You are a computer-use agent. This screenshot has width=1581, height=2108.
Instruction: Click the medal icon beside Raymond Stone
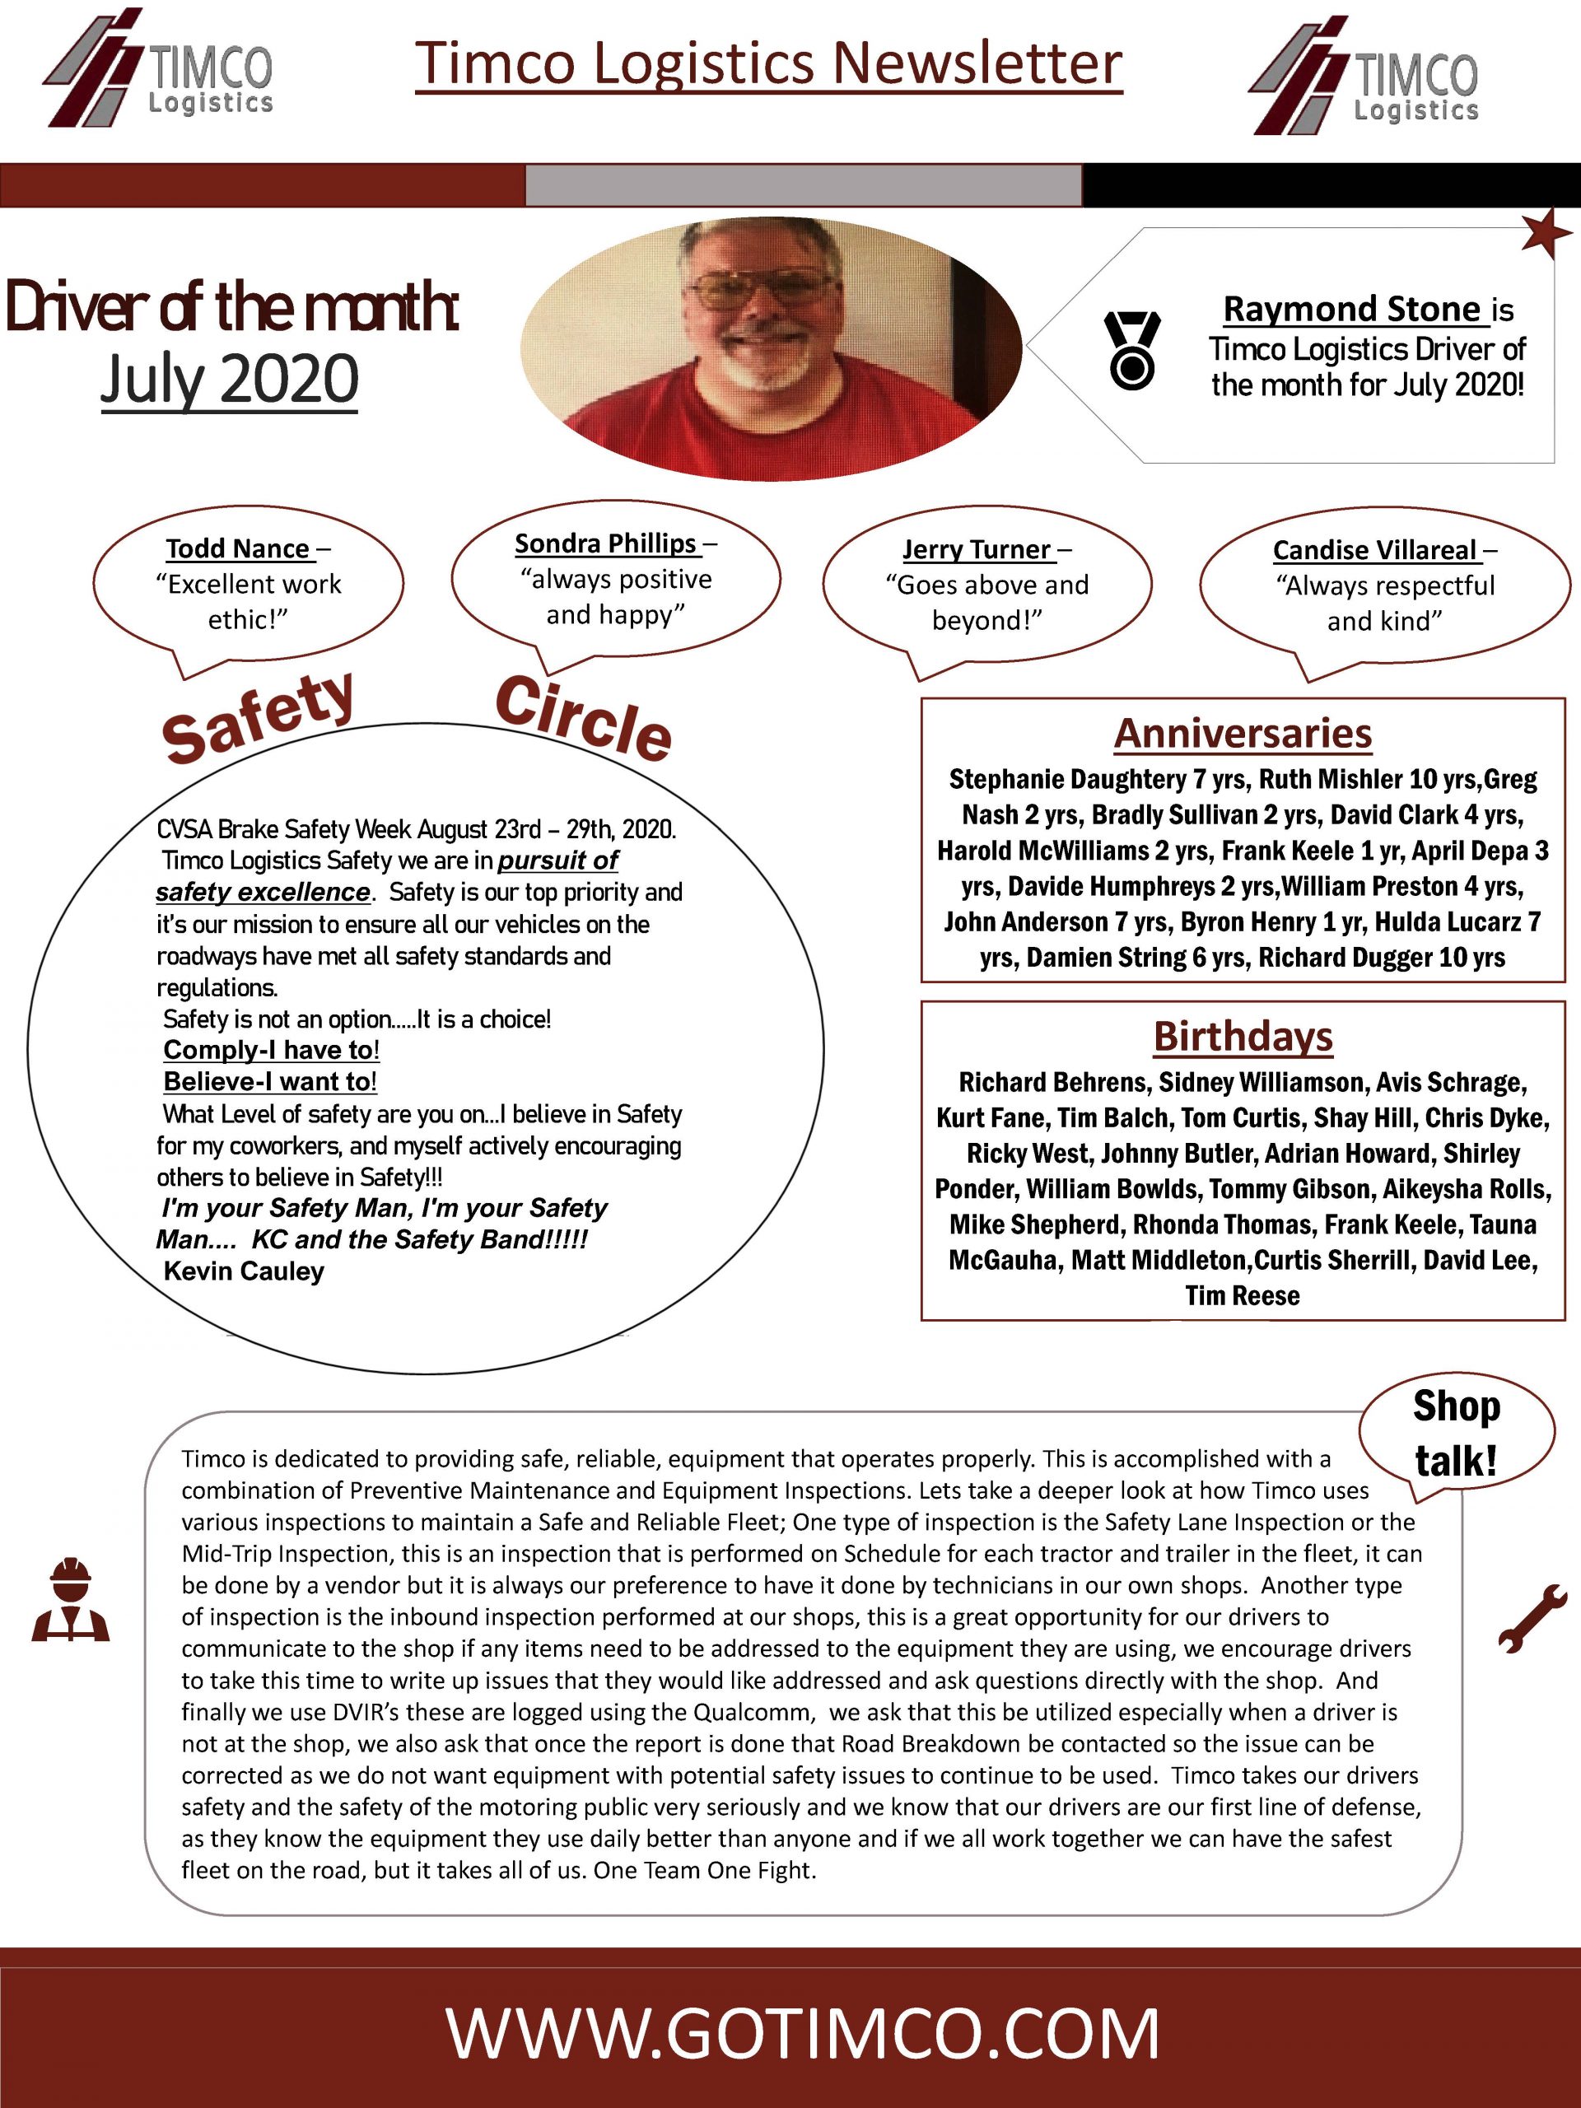pos(1131,349)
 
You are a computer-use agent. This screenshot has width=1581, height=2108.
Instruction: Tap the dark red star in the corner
pos(1545,234)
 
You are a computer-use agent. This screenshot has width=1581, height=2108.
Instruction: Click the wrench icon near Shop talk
pos(1532,1616)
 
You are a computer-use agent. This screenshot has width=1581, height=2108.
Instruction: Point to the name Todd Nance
pos(237,549)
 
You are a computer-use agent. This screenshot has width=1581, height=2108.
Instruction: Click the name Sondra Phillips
pos(606,543)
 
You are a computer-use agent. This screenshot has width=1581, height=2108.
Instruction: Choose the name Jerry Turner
pos(977,550)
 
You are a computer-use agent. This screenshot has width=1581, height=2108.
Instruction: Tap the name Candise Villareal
pos(1374,551)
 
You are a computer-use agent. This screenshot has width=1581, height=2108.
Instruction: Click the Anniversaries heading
pos(1243,734)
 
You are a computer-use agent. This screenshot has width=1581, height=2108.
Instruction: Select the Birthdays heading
pos(1243,1037)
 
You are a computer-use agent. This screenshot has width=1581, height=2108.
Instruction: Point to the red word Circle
pos(583,719)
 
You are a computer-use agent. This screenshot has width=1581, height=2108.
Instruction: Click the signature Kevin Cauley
pos(244,1271)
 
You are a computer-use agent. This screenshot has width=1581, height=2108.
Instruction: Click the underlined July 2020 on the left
pos(230,380)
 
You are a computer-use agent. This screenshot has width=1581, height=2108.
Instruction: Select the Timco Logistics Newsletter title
pos(768,64)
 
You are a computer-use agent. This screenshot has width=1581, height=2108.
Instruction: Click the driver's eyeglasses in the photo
pos(759,288)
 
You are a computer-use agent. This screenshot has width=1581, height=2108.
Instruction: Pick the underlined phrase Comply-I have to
pos(271,1050)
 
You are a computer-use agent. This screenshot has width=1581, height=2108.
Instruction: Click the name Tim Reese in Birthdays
pos(1243,1296)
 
